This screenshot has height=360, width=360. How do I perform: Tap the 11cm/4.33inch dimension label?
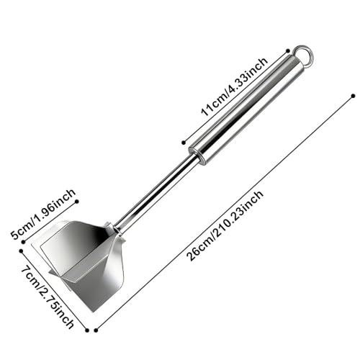point(235,87)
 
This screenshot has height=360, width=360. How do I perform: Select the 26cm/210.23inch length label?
point(225,225)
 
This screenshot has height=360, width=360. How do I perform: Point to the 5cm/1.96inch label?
point(43,214)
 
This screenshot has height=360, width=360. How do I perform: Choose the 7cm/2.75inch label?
point(48,297)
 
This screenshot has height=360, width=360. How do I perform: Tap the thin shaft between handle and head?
point(156,192)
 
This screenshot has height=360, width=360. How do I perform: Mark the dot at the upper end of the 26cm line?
point(353,96)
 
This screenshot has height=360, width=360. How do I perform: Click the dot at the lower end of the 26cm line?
point(96,330)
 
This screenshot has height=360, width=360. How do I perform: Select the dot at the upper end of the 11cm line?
point(288,50)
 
